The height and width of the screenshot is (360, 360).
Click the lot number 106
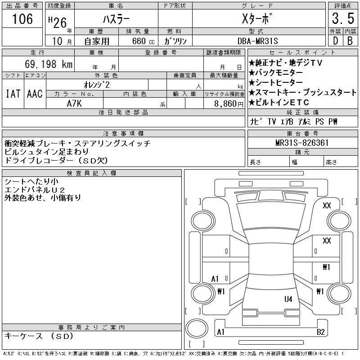tap(22, 18)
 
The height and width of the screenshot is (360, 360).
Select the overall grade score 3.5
tap(342, 19)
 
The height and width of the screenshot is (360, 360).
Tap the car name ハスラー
tap(116, 19)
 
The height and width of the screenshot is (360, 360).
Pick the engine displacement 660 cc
tap(139, 41)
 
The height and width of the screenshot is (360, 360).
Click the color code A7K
tap(74, 103)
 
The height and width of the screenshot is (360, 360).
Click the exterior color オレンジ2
tap(96, 84)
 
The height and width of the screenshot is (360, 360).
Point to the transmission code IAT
tap(13, 94)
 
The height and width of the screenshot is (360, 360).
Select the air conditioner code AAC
tap(35, 94)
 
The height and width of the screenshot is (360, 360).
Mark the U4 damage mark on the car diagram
tap(288, 299)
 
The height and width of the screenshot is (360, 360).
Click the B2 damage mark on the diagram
tap(320, 332)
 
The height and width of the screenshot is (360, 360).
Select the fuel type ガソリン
tap(175, 41)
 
